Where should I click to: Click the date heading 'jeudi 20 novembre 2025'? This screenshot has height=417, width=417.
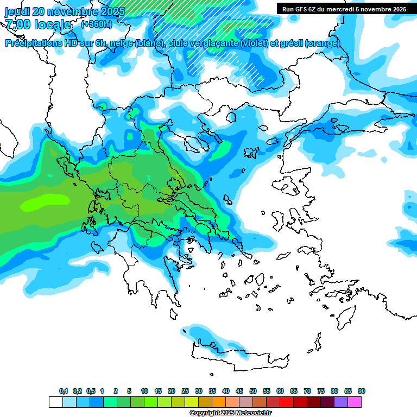[65, 11]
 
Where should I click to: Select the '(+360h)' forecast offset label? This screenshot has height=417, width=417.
[97, 24]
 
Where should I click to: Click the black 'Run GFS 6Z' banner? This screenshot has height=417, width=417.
[344, 9]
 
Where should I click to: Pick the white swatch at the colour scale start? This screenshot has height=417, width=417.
[55, 402]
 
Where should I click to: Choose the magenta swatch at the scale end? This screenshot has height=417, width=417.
[355, 402]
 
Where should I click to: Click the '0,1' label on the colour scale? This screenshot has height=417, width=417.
[64, 391]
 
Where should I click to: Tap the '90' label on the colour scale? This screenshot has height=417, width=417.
[362, 391]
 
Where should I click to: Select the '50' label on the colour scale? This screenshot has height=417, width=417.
[253, 391]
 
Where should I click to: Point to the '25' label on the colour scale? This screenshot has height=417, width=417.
[185, 391]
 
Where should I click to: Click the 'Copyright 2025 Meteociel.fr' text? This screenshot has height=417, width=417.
[230, 413]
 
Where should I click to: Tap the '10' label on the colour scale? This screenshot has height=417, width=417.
[144, 391]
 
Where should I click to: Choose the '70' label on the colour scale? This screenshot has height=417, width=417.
[307, 391]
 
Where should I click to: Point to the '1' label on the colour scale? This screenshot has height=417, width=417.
[102, 391]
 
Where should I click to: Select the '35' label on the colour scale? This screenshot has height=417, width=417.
[212, 391]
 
